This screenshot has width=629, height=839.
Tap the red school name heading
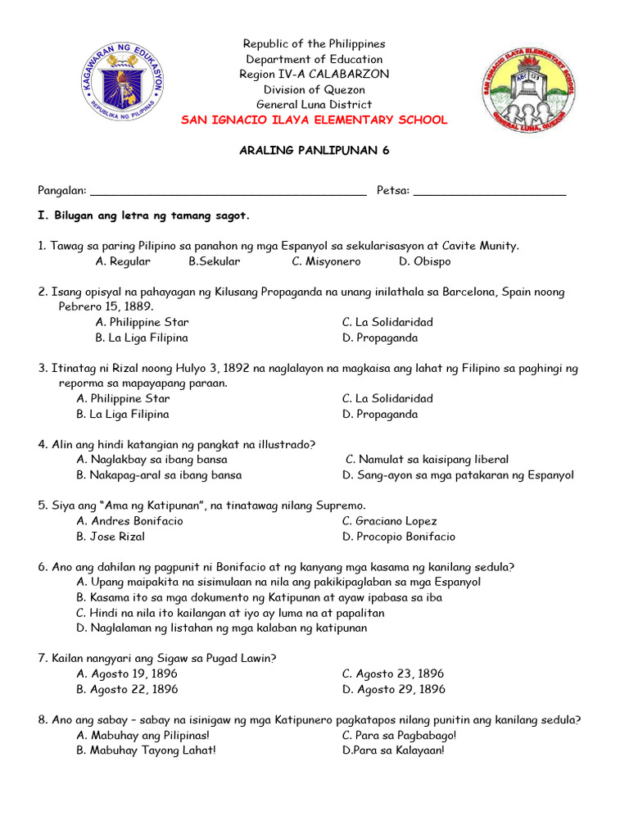(x=314, y=120)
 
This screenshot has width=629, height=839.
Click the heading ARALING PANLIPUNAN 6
(x=314, y=151)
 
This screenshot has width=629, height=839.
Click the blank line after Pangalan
(x=228, y=191)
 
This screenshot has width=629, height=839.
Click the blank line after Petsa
(x=490, y=191)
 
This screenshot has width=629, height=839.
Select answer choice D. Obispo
(x=424, y=261)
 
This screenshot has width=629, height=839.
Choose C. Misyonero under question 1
(x=326, y=261)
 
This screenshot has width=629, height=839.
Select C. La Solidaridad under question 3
(x=387, y=398)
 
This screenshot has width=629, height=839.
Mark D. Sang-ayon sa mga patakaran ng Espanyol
(x=458, y=474)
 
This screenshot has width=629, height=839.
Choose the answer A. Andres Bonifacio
(x=129, y=521)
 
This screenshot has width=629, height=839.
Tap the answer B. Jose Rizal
(x=111, y=537)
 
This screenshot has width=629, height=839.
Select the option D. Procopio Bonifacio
(x=399, y=537)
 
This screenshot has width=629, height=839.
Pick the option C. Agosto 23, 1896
(x=393, y=673)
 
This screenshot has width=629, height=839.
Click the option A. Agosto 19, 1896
(x=127, y=673)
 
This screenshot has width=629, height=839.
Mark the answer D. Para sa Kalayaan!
(x=393, y=750)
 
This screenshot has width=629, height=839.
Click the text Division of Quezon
(x=314, y=89)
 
